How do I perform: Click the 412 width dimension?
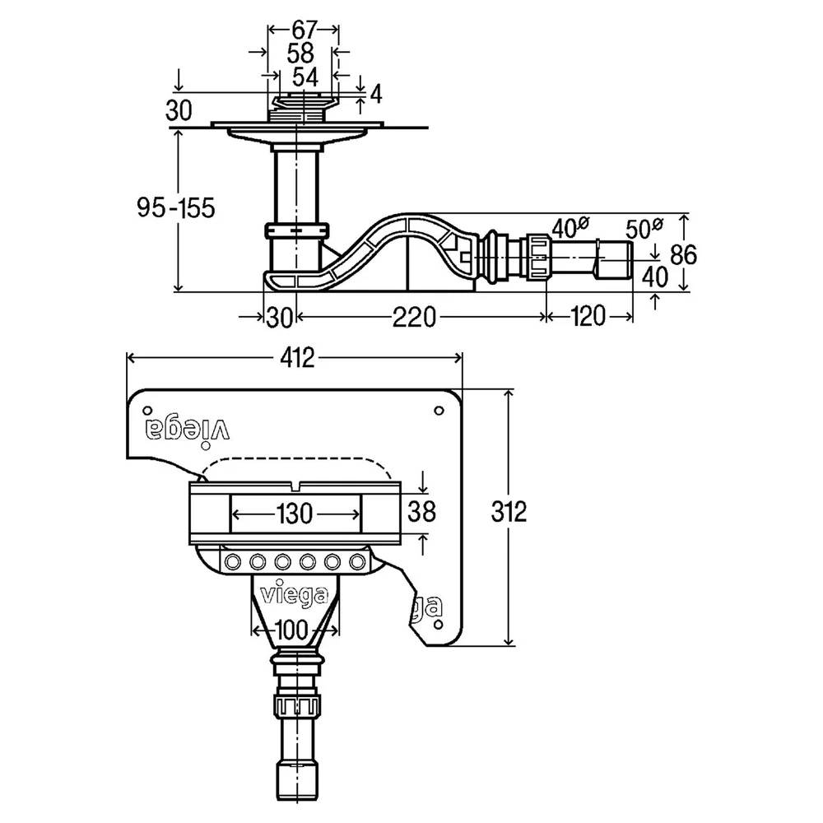[297, 358]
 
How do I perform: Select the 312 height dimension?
[509, 511]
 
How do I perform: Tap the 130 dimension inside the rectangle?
[295, 514]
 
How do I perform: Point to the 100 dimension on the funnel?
[291, 630]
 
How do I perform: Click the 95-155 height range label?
[176, 208]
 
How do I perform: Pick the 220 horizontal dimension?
[414, 317]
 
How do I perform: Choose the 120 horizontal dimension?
[588, 317]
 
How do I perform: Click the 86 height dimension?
[683, 255]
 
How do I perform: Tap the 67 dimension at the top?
[305, 30]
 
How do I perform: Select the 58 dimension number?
[300, 53]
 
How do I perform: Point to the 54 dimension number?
[305, 77]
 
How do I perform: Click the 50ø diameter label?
[644, 228]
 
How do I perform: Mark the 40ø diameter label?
[570, 227]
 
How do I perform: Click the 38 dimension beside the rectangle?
[421, 511]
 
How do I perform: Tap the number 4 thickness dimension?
[376, 95]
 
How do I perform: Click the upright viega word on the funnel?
[295, 595]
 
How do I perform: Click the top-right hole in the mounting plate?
[439, 411]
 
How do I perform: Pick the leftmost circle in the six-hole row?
[233, 563]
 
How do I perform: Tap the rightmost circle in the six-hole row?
[357, 563]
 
